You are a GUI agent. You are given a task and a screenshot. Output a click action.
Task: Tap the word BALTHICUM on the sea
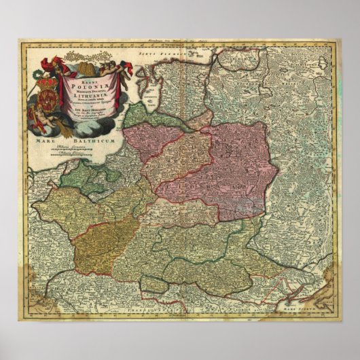coord(76,144)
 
